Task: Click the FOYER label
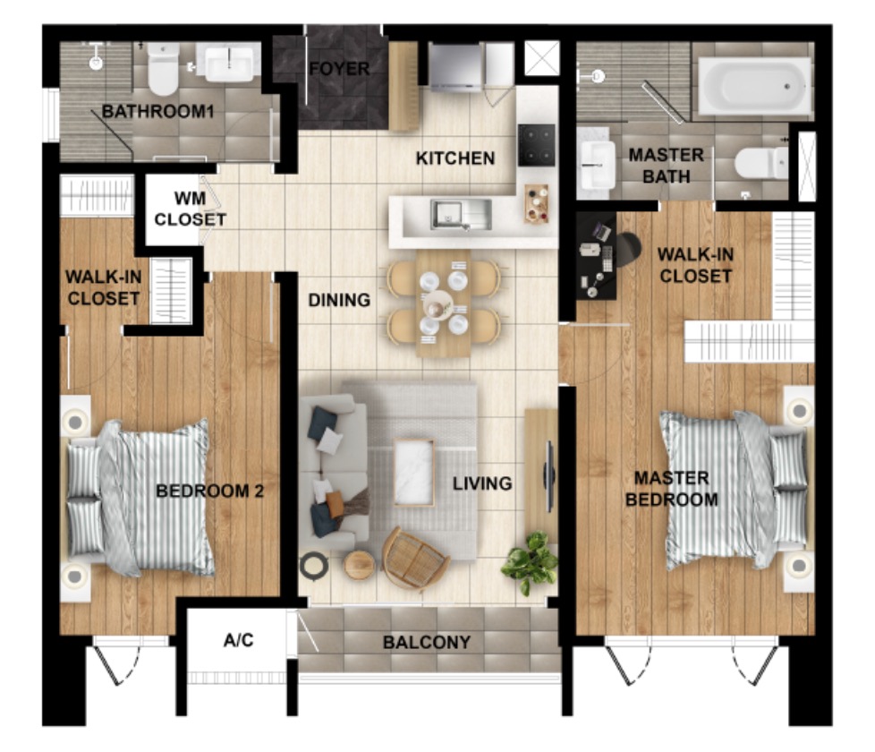point(339,69)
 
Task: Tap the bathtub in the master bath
point(755,86)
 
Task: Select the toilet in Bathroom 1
point(163,69)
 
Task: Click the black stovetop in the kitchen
point(536,145)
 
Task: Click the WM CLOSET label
point(191,209)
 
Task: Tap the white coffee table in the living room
point(414,473)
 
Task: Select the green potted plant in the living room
point(531,561)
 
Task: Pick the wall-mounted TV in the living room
point(549,475)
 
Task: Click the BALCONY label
point(427,642)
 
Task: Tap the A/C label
point(238,640)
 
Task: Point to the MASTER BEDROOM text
point(672,489)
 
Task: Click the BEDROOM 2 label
point(210,491)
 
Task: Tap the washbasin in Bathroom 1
point(229,64)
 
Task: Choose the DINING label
point(339,300)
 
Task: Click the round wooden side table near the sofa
point(360,564)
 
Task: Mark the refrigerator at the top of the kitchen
point(454,67)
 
